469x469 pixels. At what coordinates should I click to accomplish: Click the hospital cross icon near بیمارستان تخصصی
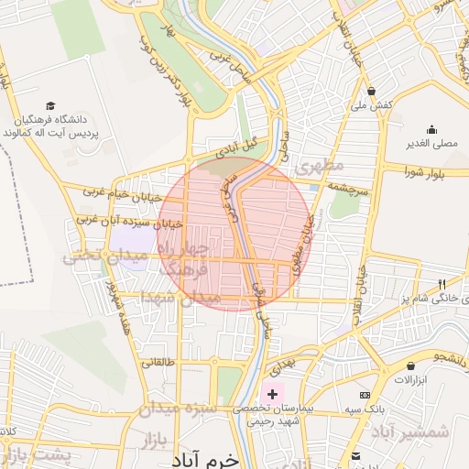(272, 393)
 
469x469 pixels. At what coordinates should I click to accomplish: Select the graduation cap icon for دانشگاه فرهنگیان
(49, 106)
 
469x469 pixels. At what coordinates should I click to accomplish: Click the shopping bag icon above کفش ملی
(371, 92)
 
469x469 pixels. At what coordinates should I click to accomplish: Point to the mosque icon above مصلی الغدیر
(431, 129)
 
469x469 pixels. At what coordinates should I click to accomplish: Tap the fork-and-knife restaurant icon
(442, 284)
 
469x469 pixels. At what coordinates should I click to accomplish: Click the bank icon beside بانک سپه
(365, 394)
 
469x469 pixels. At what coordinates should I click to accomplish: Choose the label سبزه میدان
(177, 409)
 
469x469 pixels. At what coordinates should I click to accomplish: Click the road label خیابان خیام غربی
(122, 195)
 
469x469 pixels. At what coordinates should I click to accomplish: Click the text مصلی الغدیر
(431, 144)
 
